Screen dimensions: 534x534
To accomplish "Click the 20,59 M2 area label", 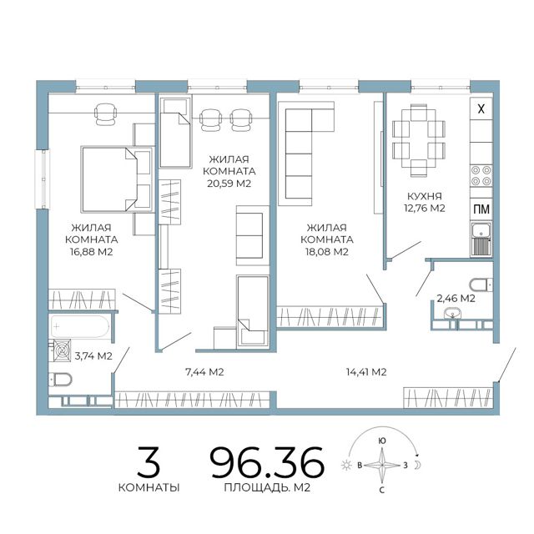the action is click(229, 184).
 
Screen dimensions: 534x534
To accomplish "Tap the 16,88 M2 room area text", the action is click(91, 252).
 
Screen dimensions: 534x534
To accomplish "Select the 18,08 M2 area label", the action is click(327, 252).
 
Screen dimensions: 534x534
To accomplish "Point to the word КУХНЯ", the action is click(425, 196).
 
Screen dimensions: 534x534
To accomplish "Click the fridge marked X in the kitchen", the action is click(481, 109).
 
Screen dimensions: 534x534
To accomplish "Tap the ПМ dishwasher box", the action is click(481, 209).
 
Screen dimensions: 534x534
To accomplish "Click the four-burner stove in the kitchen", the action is click(481, 175).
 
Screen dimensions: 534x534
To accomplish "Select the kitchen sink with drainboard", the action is click(481, 239).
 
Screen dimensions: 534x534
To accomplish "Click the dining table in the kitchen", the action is click(419, 140).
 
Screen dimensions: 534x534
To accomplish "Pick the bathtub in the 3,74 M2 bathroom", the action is click(80, 326).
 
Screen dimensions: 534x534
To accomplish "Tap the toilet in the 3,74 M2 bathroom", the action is click(60, 379).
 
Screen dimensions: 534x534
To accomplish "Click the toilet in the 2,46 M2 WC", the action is click(481, 285).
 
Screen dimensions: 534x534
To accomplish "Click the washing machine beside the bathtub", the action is click(62, 350).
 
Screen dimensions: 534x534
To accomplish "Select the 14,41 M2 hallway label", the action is click(366, 372).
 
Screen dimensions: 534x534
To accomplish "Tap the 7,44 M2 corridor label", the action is click(204, 372).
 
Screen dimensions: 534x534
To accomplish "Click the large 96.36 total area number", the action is click(267, 462).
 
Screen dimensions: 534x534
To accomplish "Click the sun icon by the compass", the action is click(346, 465).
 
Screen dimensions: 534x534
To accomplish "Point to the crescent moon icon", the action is click(417, 465).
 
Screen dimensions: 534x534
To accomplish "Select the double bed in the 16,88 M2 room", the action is click(117, 179).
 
